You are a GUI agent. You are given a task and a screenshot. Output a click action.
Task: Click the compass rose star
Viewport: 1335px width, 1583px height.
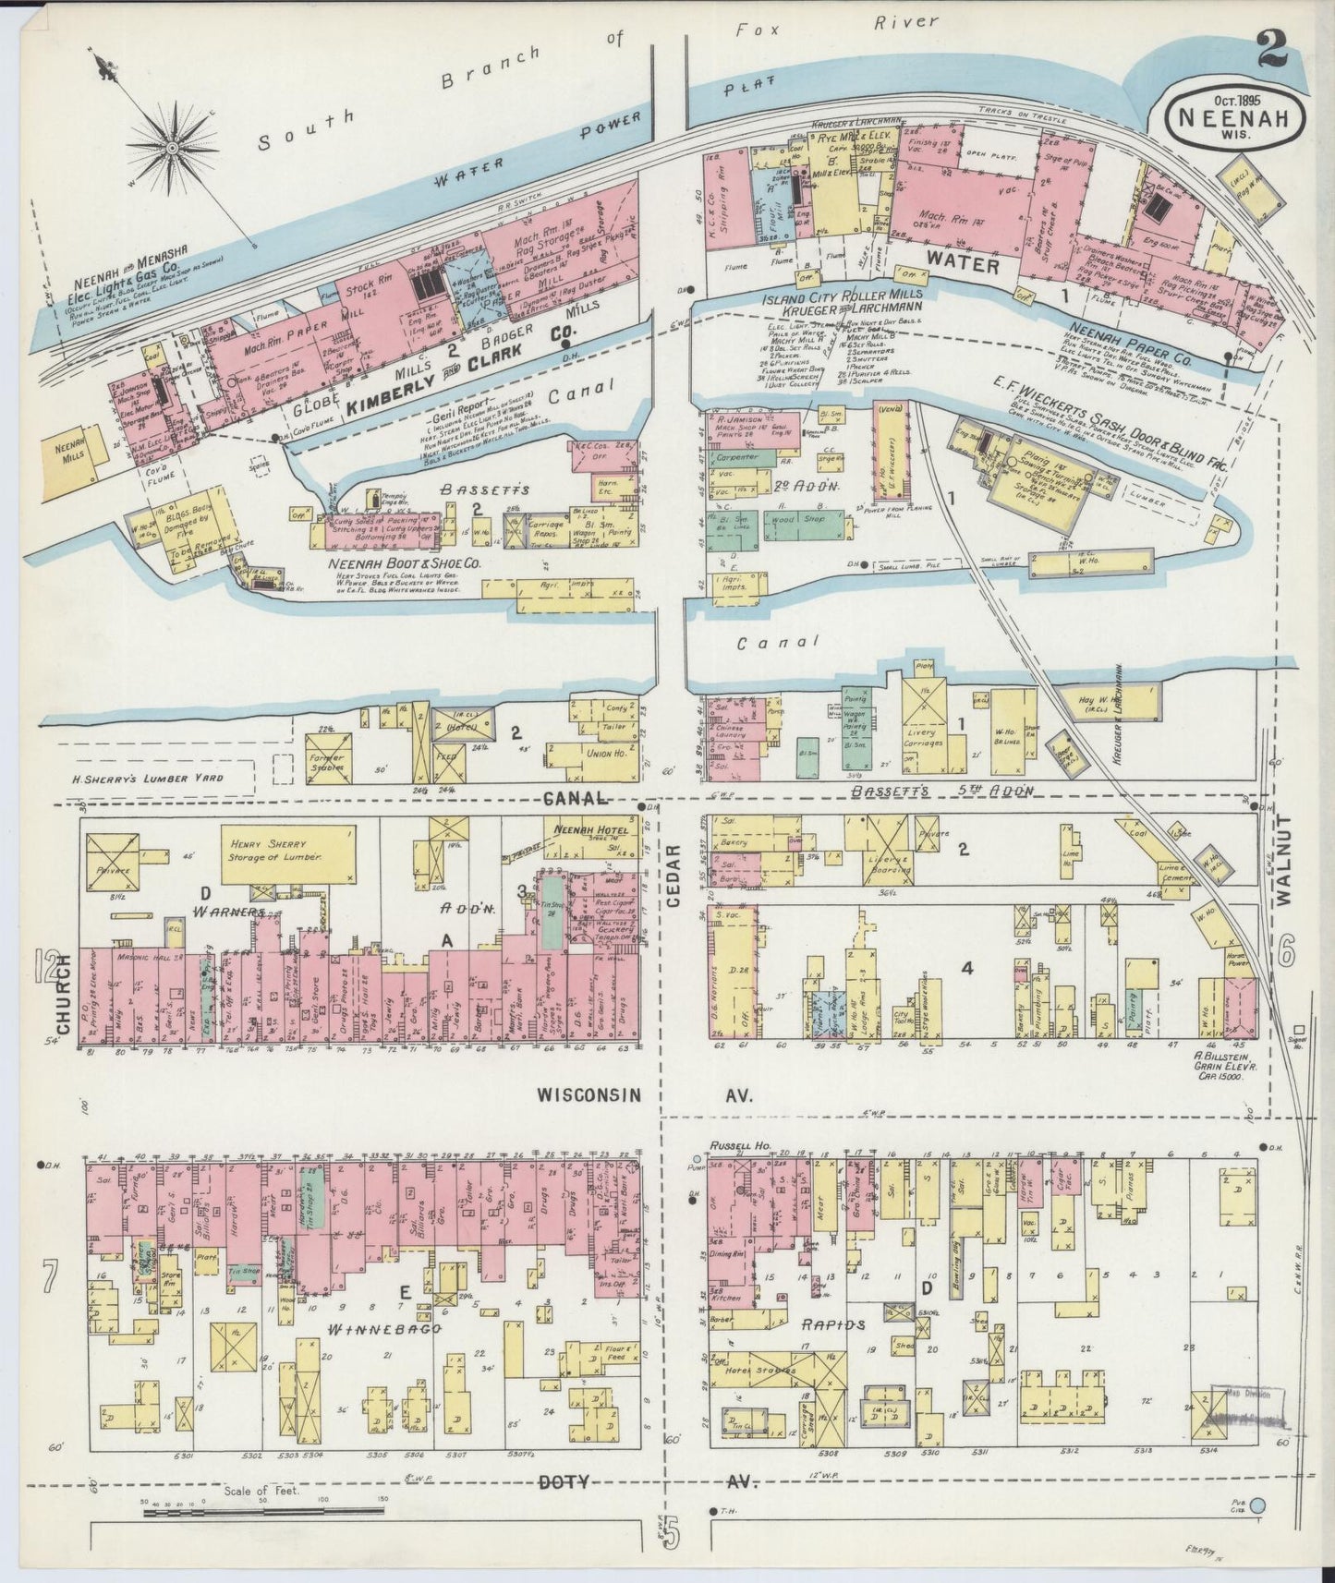tap(172, 146)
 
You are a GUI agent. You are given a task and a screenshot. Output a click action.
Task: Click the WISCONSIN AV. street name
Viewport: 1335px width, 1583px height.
tap(645, 1095)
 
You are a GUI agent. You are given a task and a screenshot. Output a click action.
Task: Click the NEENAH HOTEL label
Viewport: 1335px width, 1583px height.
tap(590, 829)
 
